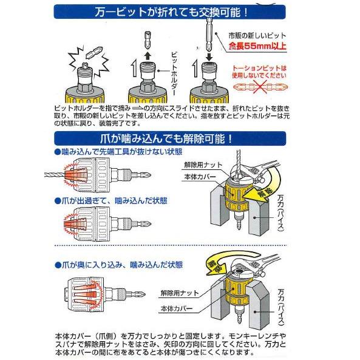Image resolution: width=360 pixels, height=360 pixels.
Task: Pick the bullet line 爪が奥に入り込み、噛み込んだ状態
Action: tap(120, 265)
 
